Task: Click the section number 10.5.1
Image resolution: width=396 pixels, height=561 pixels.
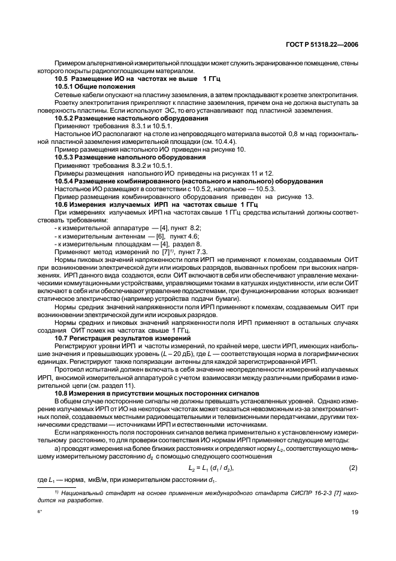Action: [x=66, y=87]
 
